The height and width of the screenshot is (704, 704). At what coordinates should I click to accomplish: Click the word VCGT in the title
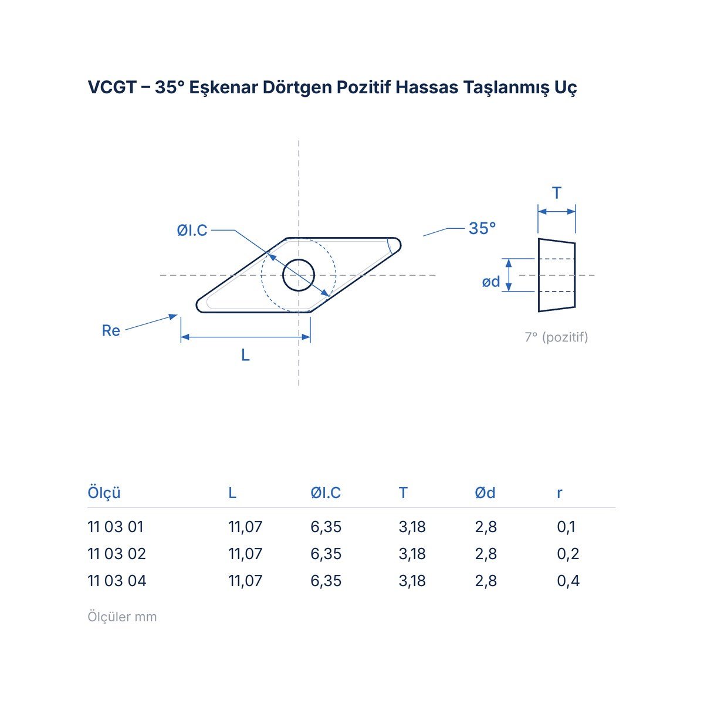point(112,87)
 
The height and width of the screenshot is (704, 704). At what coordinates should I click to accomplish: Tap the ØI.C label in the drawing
point(192,230)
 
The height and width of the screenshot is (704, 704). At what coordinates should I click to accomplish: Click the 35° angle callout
point(482,228)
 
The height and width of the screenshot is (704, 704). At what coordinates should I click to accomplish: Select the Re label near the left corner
point(111,331)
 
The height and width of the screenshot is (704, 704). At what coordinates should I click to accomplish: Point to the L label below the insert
point(245,355)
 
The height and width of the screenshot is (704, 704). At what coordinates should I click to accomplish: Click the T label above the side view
point(556,193)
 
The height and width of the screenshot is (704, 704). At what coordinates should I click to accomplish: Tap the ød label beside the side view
point(491,282)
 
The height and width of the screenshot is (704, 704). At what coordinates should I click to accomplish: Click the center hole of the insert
point(299,275)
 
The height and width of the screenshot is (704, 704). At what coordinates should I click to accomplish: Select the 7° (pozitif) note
point(556,337)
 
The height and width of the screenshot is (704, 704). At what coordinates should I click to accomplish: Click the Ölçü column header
point(104,492)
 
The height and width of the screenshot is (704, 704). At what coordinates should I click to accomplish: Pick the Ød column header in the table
point(485,493)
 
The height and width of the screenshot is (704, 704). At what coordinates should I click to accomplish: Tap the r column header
point(559,493)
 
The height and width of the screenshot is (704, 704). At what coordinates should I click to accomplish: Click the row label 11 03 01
point(116,527)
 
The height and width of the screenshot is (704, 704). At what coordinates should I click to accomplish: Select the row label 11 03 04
point(117,581)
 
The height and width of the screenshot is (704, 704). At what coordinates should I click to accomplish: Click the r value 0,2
point(568,554)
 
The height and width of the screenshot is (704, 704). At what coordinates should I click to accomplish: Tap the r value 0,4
point(568,581)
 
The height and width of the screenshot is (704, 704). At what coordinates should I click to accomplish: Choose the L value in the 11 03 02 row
point(245,554)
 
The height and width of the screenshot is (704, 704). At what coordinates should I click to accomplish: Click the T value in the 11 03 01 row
point(412,527)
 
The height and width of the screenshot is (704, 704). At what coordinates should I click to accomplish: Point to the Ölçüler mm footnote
point(122,617)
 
